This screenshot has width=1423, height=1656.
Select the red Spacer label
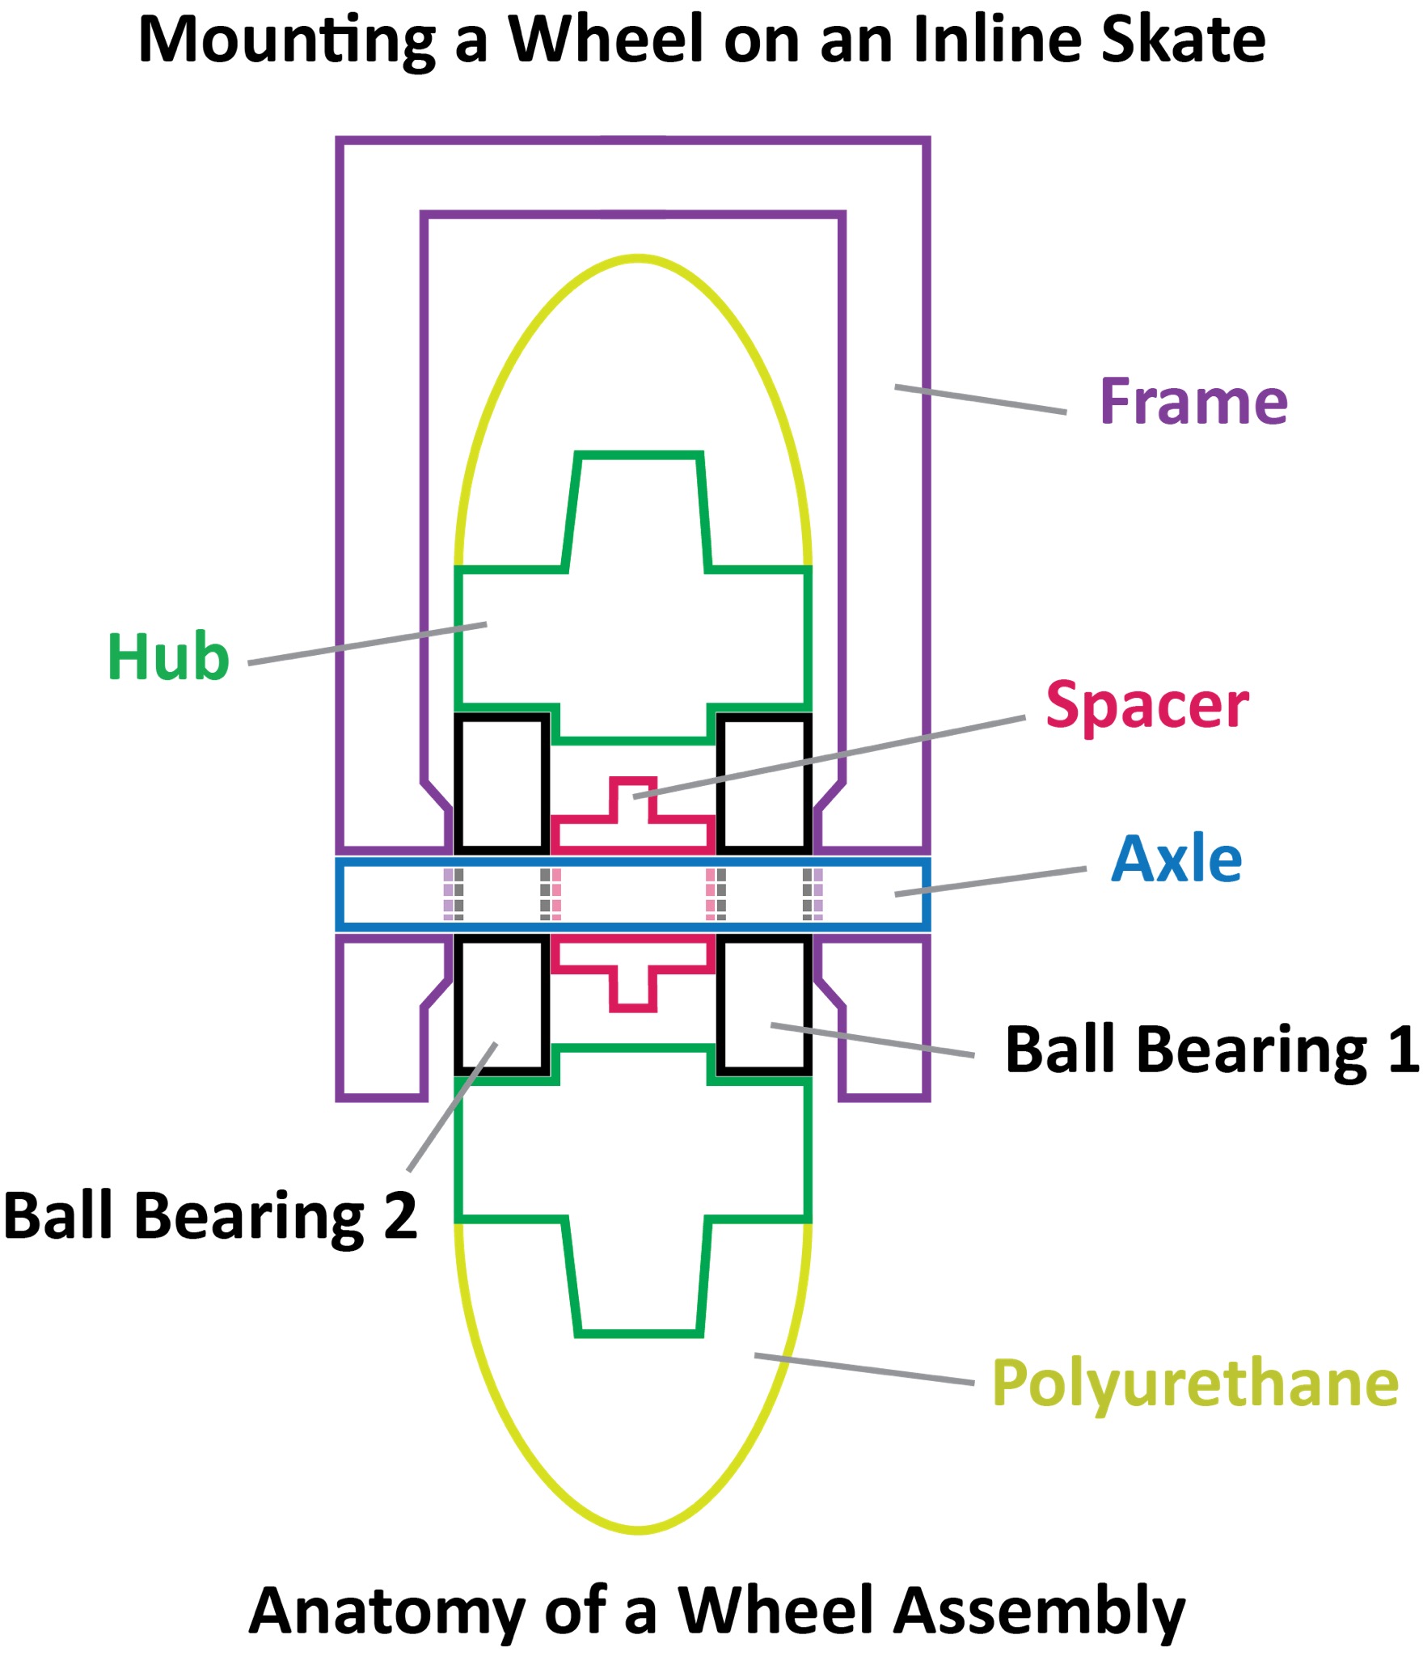tap(1146, 706)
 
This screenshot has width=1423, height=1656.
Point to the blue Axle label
tap(1176, 859)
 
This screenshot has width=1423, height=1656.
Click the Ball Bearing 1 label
tap(1211, 1050)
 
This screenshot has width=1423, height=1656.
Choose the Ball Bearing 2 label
tap(210, 1216)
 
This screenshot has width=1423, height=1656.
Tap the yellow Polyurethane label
tap(1195, 1384)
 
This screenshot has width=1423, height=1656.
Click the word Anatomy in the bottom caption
tap(386, 1611)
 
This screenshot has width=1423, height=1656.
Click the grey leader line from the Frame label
tap(980, 399)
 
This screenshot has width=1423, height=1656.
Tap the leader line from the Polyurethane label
tap(864, 1368)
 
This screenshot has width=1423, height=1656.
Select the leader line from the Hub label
tap(367, 644)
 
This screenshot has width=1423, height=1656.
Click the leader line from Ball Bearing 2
tap(452, 1106)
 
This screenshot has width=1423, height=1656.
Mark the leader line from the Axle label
tap(990, 881)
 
